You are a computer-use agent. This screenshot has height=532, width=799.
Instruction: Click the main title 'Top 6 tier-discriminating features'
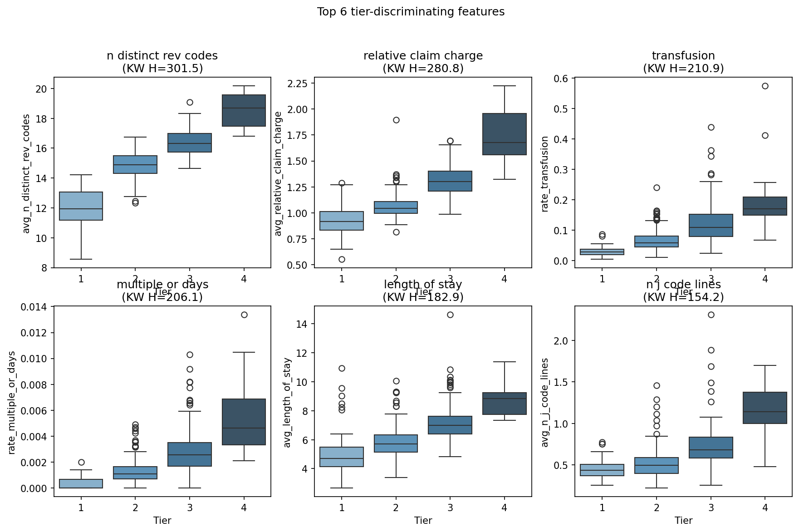point(410,12)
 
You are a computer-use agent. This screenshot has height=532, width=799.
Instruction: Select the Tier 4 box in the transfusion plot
point(765,206)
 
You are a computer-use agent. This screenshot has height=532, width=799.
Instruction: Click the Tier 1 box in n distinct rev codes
point(81,206)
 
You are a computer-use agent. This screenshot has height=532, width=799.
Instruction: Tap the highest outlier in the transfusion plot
point(765,86)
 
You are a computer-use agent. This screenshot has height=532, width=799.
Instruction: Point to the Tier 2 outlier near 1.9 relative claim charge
point(396,120)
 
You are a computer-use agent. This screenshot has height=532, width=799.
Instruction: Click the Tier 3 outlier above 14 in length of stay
point(450,315)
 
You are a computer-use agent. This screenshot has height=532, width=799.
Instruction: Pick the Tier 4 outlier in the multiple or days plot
point(244,315)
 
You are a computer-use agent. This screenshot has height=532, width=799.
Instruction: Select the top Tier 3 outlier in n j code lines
point(711,315)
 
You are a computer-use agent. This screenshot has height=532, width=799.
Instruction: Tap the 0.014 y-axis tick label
point(34,307)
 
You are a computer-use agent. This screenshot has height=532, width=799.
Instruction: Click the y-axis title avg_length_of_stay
point(287,402)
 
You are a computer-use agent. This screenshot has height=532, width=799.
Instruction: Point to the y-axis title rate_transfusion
point(545,173)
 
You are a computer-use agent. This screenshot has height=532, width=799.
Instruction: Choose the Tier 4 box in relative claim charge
point(504,134)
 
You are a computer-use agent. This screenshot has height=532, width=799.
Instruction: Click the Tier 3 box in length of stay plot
point(450,425)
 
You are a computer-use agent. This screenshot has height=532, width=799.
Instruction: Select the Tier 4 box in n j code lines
point(765,408)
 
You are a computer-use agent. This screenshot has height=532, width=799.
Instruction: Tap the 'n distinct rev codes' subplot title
point(162,56)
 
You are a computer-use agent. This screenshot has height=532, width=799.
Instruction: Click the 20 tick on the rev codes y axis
point(41,89)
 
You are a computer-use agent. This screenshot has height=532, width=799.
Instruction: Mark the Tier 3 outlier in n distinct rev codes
point(190,102)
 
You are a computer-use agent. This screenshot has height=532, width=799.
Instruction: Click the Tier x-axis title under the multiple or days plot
point(162,520)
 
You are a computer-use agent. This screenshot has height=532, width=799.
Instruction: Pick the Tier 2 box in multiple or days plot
point(135,473)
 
